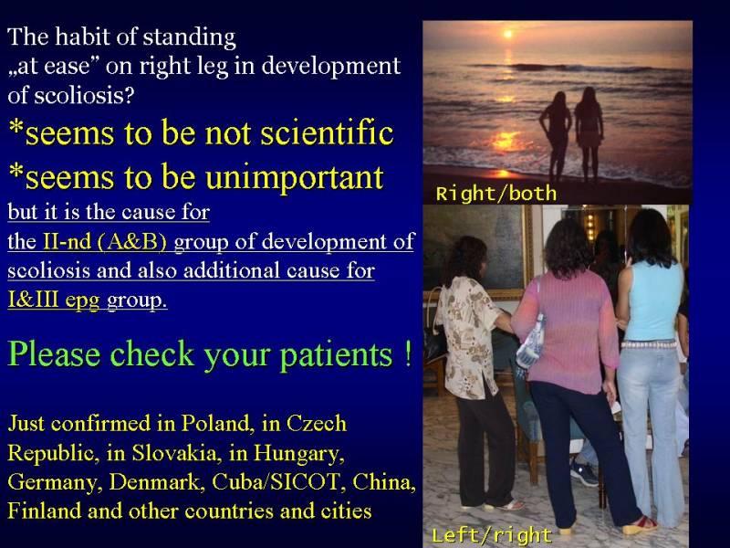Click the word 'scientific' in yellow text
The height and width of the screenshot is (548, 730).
coord(327,133)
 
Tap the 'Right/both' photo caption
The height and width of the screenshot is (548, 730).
coord(496,194)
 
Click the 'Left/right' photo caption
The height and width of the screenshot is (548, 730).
coord(492,535)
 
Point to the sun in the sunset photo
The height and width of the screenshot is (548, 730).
coord(508,34)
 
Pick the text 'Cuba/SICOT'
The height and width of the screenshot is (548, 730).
coord(276,482)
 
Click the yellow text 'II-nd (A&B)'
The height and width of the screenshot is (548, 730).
coord(105,241)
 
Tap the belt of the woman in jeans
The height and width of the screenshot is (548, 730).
coord(649,345)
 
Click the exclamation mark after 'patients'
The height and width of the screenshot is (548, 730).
coord(408,353)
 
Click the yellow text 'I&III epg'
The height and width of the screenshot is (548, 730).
coord(54,300)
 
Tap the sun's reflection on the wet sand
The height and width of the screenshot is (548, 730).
coord(503,174)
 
